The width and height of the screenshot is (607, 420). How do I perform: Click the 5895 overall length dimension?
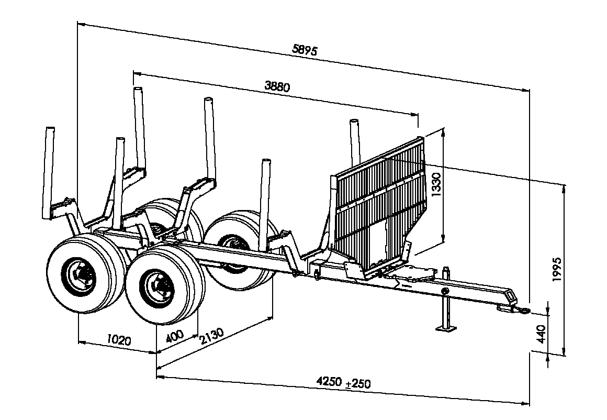click(305, 50)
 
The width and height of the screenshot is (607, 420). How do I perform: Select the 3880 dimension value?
click(277, 86)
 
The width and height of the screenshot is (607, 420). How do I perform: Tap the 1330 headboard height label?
click(436, 185)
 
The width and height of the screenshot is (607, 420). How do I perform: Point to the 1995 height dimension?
click(557, 269)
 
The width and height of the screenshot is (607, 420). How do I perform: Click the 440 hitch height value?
click(542, 334)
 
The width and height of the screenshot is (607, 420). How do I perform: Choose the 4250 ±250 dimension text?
click(343, 382)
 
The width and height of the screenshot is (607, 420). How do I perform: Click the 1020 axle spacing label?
click(119, 340)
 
